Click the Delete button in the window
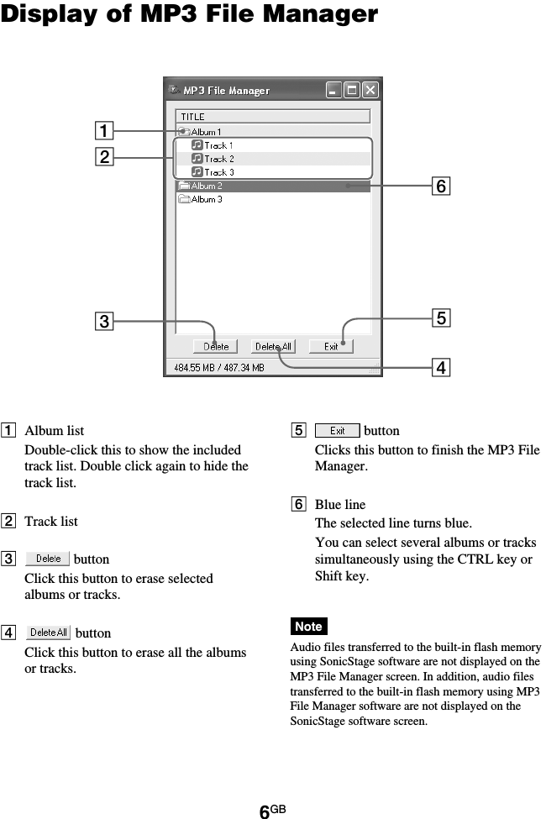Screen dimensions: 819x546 [216, 346]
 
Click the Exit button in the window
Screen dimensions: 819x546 [331, 346]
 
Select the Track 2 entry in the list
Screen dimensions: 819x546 [218, 159]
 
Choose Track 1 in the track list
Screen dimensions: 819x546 [218, 145]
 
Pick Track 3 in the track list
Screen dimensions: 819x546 [218, 172]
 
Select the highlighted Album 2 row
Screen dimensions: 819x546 [207, 186]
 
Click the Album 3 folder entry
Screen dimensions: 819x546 [207, 199]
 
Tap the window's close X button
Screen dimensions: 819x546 [370, 90]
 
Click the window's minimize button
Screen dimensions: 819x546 [333, 90]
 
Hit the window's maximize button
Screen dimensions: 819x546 [352, 90]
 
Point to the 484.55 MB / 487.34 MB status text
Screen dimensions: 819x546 [219, 367]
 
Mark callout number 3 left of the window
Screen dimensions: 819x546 [103, 321]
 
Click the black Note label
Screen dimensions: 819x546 [308, 627]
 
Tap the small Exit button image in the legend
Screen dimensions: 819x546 [337, 431]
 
